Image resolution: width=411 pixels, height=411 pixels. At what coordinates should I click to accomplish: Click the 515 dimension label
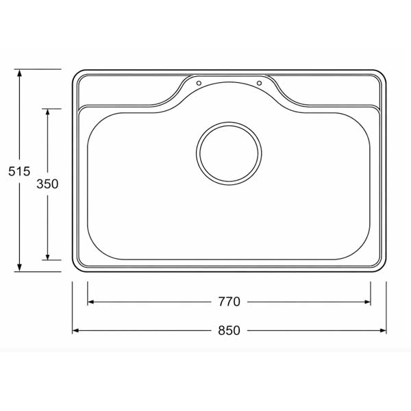click(19, 171)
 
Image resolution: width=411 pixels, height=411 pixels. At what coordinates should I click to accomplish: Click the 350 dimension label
click(47, 184)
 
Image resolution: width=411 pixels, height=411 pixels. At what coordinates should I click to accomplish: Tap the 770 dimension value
click(229, 301)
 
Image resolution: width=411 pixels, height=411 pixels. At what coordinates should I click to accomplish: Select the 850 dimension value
click(229, 331)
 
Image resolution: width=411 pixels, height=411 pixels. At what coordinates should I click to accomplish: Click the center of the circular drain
click(229, 153)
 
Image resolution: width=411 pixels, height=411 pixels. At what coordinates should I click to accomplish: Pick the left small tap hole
click(199, 83)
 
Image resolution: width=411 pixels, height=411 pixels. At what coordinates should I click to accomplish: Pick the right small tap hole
click(259, 83)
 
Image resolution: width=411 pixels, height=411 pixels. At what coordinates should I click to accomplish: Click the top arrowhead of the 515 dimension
click(19, 73)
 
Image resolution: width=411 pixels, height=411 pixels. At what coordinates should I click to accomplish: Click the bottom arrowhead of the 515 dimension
click(19, 268)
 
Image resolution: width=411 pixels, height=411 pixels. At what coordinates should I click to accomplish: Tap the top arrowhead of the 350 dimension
click(47, 112)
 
